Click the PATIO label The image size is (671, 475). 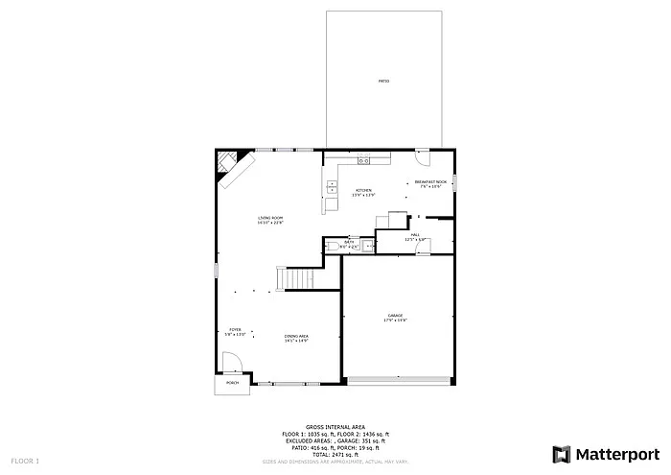382,81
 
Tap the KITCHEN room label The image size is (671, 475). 364,192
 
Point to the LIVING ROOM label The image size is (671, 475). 270,220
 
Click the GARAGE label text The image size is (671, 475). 395,317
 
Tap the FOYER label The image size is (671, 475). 235,331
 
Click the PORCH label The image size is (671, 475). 231,383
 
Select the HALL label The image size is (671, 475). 416,235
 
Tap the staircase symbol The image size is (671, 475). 297,278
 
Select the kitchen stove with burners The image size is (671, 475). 364,160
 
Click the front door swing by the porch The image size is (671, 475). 232,362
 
